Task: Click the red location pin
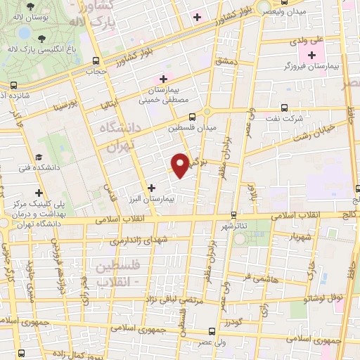(x=181, y=165)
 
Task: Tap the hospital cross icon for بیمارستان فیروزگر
(x=311, y=55)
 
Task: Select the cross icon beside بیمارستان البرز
(x=151, y=186)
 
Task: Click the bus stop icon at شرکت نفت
(x=283, y=108)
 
